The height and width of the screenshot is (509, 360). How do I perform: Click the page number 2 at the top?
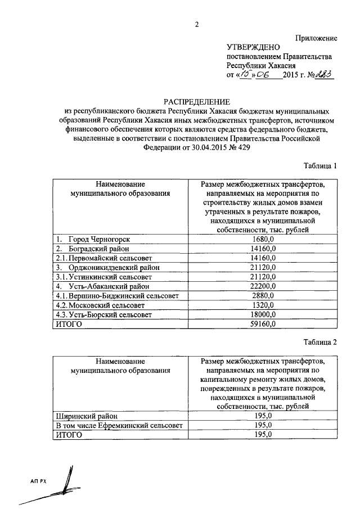(196, 24)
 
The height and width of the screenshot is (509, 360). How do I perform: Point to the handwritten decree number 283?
(325, 75)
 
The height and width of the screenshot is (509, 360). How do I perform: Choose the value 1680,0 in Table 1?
(262, 239)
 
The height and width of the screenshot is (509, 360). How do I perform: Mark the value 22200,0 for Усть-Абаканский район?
(262, 286)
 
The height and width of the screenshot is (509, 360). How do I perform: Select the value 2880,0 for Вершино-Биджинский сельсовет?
(262, 296)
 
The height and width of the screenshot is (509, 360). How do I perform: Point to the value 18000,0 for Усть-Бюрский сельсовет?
(262, 315)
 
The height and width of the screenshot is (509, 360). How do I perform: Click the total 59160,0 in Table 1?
(262, 325)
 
